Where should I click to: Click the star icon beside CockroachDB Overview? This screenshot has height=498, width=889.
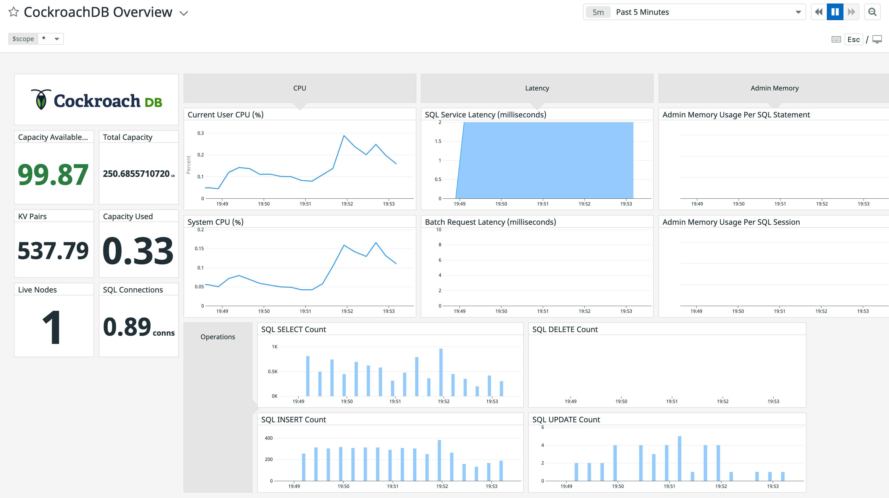click(13, 12)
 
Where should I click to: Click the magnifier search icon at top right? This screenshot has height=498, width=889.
click(872, 12)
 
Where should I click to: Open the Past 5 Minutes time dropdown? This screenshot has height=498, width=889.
click(694, 12)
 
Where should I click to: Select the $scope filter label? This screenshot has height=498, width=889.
click(23, 39)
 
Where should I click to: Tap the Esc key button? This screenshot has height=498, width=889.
click(853, 39)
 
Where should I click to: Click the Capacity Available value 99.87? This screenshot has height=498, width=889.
click(53, 174)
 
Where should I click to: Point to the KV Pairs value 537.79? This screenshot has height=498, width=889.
click(53, 251)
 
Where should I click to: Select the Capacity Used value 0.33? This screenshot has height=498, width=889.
click(138, 251)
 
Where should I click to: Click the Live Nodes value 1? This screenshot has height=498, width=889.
click(52, 327)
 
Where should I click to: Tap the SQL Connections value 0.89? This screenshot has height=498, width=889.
click(127, 327)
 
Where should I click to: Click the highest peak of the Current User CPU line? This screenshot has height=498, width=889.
click(344, 136)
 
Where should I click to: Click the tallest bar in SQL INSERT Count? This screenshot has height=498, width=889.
click(439, 460)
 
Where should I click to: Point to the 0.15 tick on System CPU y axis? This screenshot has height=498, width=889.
click(199, 249)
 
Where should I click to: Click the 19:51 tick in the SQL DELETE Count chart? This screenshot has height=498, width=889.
click(671, 401)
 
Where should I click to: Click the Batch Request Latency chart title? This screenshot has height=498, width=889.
click(490, 222)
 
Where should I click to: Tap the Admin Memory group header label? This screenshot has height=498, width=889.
click(774, 88)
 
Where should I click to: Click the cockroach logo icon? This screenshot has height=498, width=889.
click(41, 100)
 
